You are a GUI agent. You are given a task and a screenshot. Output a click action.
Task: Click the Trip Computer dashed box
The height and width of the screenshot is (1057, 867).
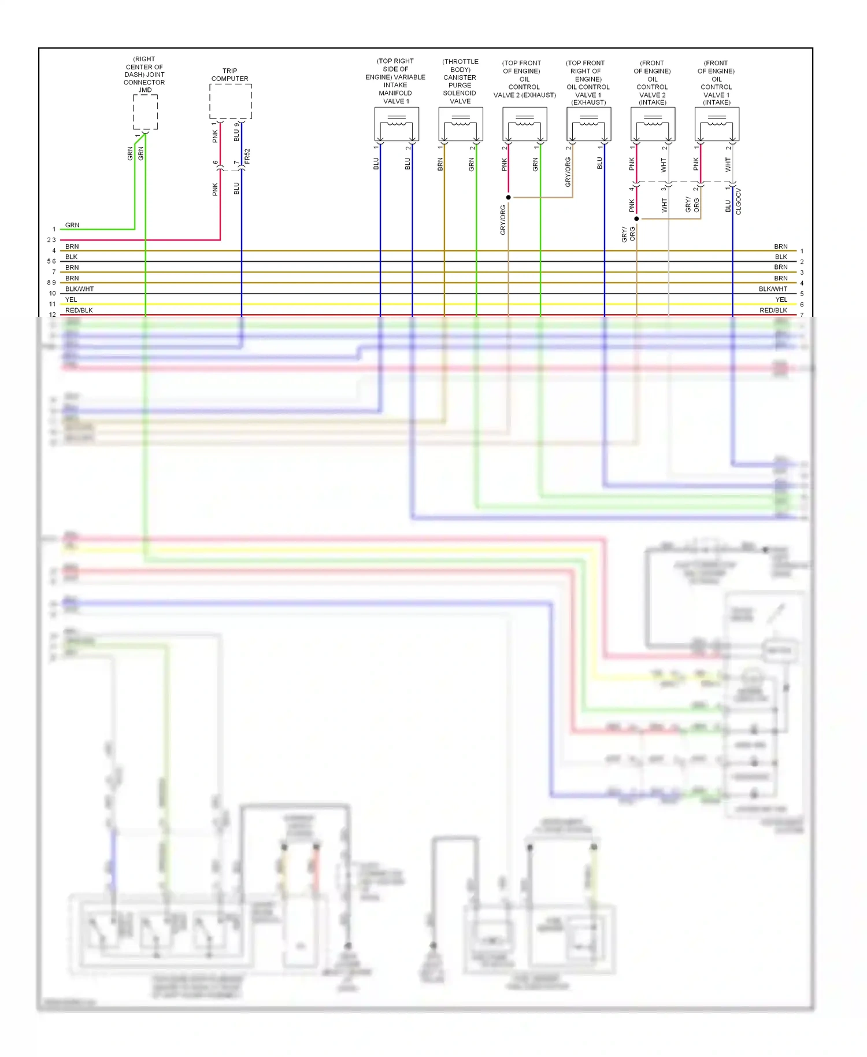(x=230, y=101)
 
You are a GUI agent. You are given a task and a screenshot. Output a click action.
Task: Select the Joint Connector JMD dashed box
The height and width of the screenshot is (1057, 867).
(x=145, y=112)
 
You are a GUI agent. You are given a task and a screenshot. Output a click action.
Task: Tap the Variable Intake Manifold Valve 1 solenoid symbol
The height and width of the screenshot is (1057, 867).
(x=397, y=124)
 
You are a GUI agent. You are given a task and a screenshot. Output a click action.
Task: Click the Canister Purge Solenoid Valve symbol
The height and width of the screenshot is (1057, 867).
(x=461, y=124)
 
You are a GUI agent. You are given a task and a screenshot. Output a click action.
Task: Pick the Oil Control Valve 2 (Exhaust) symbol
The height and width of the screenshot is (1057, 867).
(x=525, y=124)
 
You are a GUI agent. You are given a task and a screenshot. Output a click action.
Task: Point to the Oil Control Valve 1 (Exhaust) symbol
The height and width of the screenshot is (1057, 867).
(x=589, y=124)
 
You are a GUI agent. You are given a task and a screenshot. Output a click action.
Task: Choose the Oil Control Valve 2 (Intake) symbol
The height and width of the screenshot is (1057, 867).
(x=653, y=124)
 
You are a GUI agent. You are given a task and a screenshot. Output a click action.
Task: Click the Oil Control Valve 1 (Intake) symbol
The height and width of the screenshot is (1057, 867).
(x=717, y=124)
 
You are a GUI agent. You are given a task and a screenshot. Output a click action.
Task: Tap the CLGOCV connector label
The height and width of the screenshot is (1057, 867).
(x=739, y=201)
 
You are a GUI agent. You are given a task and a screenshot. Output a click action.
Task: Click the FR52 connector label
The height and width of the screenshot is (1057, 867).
(x=247, y=156)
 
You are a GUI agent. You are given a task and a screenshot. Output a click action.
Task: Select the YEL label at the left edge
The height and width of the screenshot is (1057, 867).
(x=71, y=300)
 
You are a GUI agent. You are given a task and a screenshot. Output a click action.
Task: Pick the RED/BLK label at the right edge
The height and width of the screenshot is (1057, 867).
(x=773, y=311)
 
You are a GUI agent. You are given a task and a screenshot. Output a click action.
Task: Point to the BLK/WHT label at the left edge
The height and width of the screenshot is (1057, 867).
(x=79, y=289)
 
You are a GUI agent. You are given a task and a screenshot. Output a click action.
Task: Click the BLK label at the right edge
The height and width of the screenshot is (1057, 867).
(x=781, y=257)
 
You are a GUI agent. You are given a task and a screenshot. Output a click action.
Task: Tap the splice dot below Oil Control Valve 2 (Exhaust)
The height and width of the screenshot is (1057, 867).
(x=509, y=197)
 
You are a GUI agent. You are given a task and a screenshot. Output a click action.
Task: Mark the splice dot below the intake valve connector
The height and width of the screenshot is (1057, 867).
(x=636, y=219)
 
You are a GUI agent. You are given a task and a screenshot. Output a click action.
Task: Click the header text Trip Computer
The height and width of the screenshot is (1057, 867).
(x=230, y=75)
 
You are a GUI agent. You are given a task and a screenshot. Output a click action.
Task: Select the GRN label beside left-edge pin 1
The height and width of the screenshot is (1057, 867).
(x=72, y=225)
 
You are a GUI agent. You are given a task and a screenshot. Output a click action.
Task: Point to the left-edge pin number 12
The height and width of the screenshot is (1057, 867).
(x=53, y=315)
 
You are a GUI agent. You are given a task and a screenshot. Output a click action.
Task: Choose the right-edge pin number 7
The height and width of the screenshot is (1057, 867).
(x=802, y=315)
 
